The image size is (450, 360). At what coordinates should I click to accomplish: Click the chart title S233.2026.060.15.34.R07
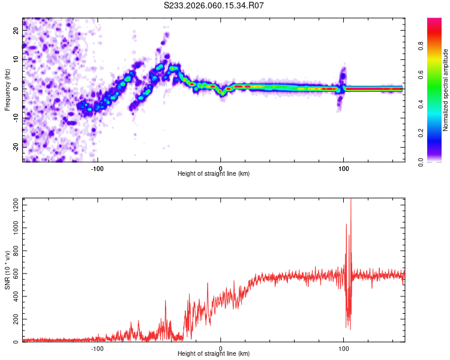214,5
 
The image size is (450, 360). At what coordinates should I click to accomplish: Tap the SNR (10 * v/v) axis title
8,270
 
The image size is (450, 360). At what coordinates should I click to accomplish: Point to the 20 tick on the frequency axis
16,31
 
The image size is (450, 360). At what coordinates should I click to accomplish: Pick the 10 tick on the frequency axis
16,59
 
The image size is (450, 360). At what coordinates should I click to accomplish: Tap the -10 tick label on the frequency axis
14,118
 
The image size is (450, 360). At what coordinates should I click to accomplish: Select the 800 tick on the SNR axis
14,251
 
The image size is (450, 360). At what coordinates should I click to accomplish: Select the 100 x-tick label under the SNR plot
344,348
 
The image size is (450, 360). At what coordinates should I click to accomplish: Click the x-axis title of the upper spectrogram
214,174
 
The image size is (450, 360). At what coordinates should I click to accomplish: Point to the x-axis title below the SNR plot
214,355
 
